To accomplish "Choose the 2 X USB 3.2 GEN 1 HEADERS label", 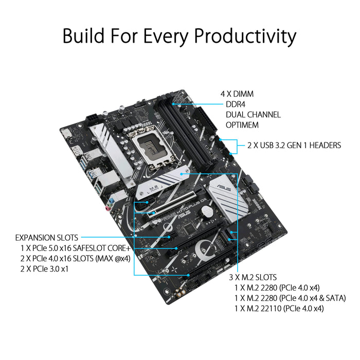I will pyautogui.click(x=294, y=146).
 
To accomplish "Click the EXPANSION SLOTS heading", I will pyautogui.click(x=47, y=238).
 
